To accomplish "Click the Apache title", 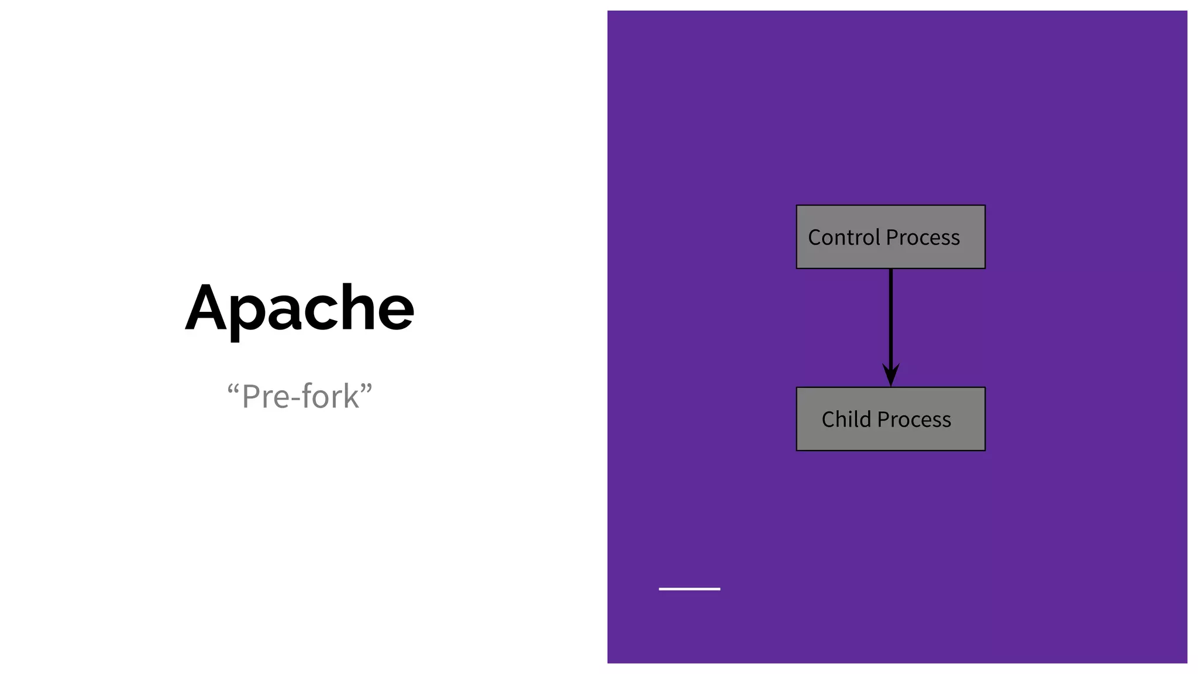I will click(299, 309).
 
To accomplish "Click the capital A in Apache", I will click(206, 308).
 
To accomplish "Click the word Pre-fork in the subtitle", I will click(300, 397).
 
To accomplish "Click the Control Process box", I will click(890, 237).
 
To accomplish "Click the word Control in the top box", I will click(844, 238).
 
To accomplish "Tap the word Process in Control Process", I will click(922, 238).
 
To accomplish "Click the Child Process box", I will click(890, 419).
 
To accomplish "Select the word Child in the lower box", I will click(846, 419).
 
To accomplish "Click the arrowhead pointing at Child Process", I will click(890, 374).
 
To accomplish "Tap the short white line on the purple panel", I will click(689, 589).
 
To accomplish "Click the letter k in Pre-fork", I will click(352, 397).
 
